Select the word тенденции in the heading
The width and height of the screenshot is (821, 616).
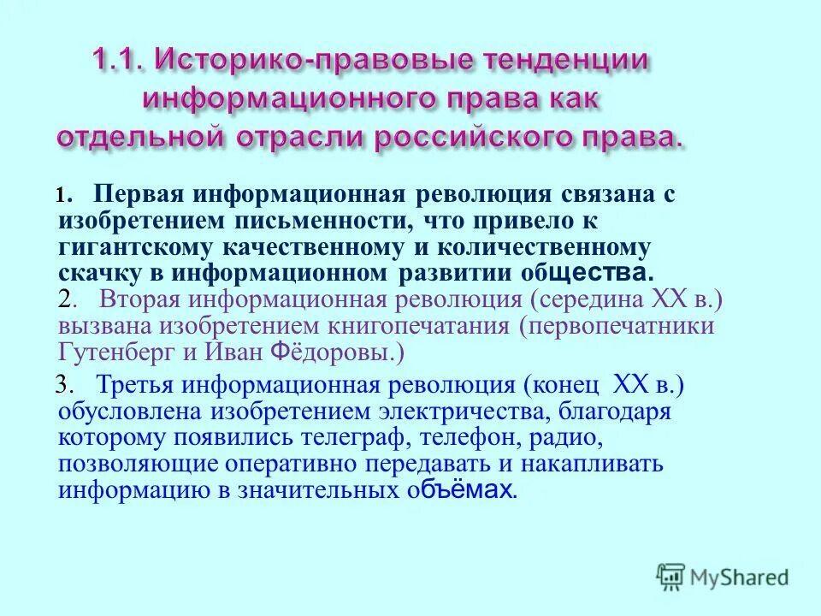pos(567,62)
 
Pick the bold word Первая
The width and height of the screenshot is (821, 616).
pos(139,195)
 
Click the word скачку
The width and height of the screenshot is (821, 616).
pos(96,274)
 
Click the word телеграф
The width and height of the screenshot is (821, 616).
pos(351,438)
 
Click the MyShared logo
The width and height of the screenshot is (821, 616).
pos(722,576)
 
